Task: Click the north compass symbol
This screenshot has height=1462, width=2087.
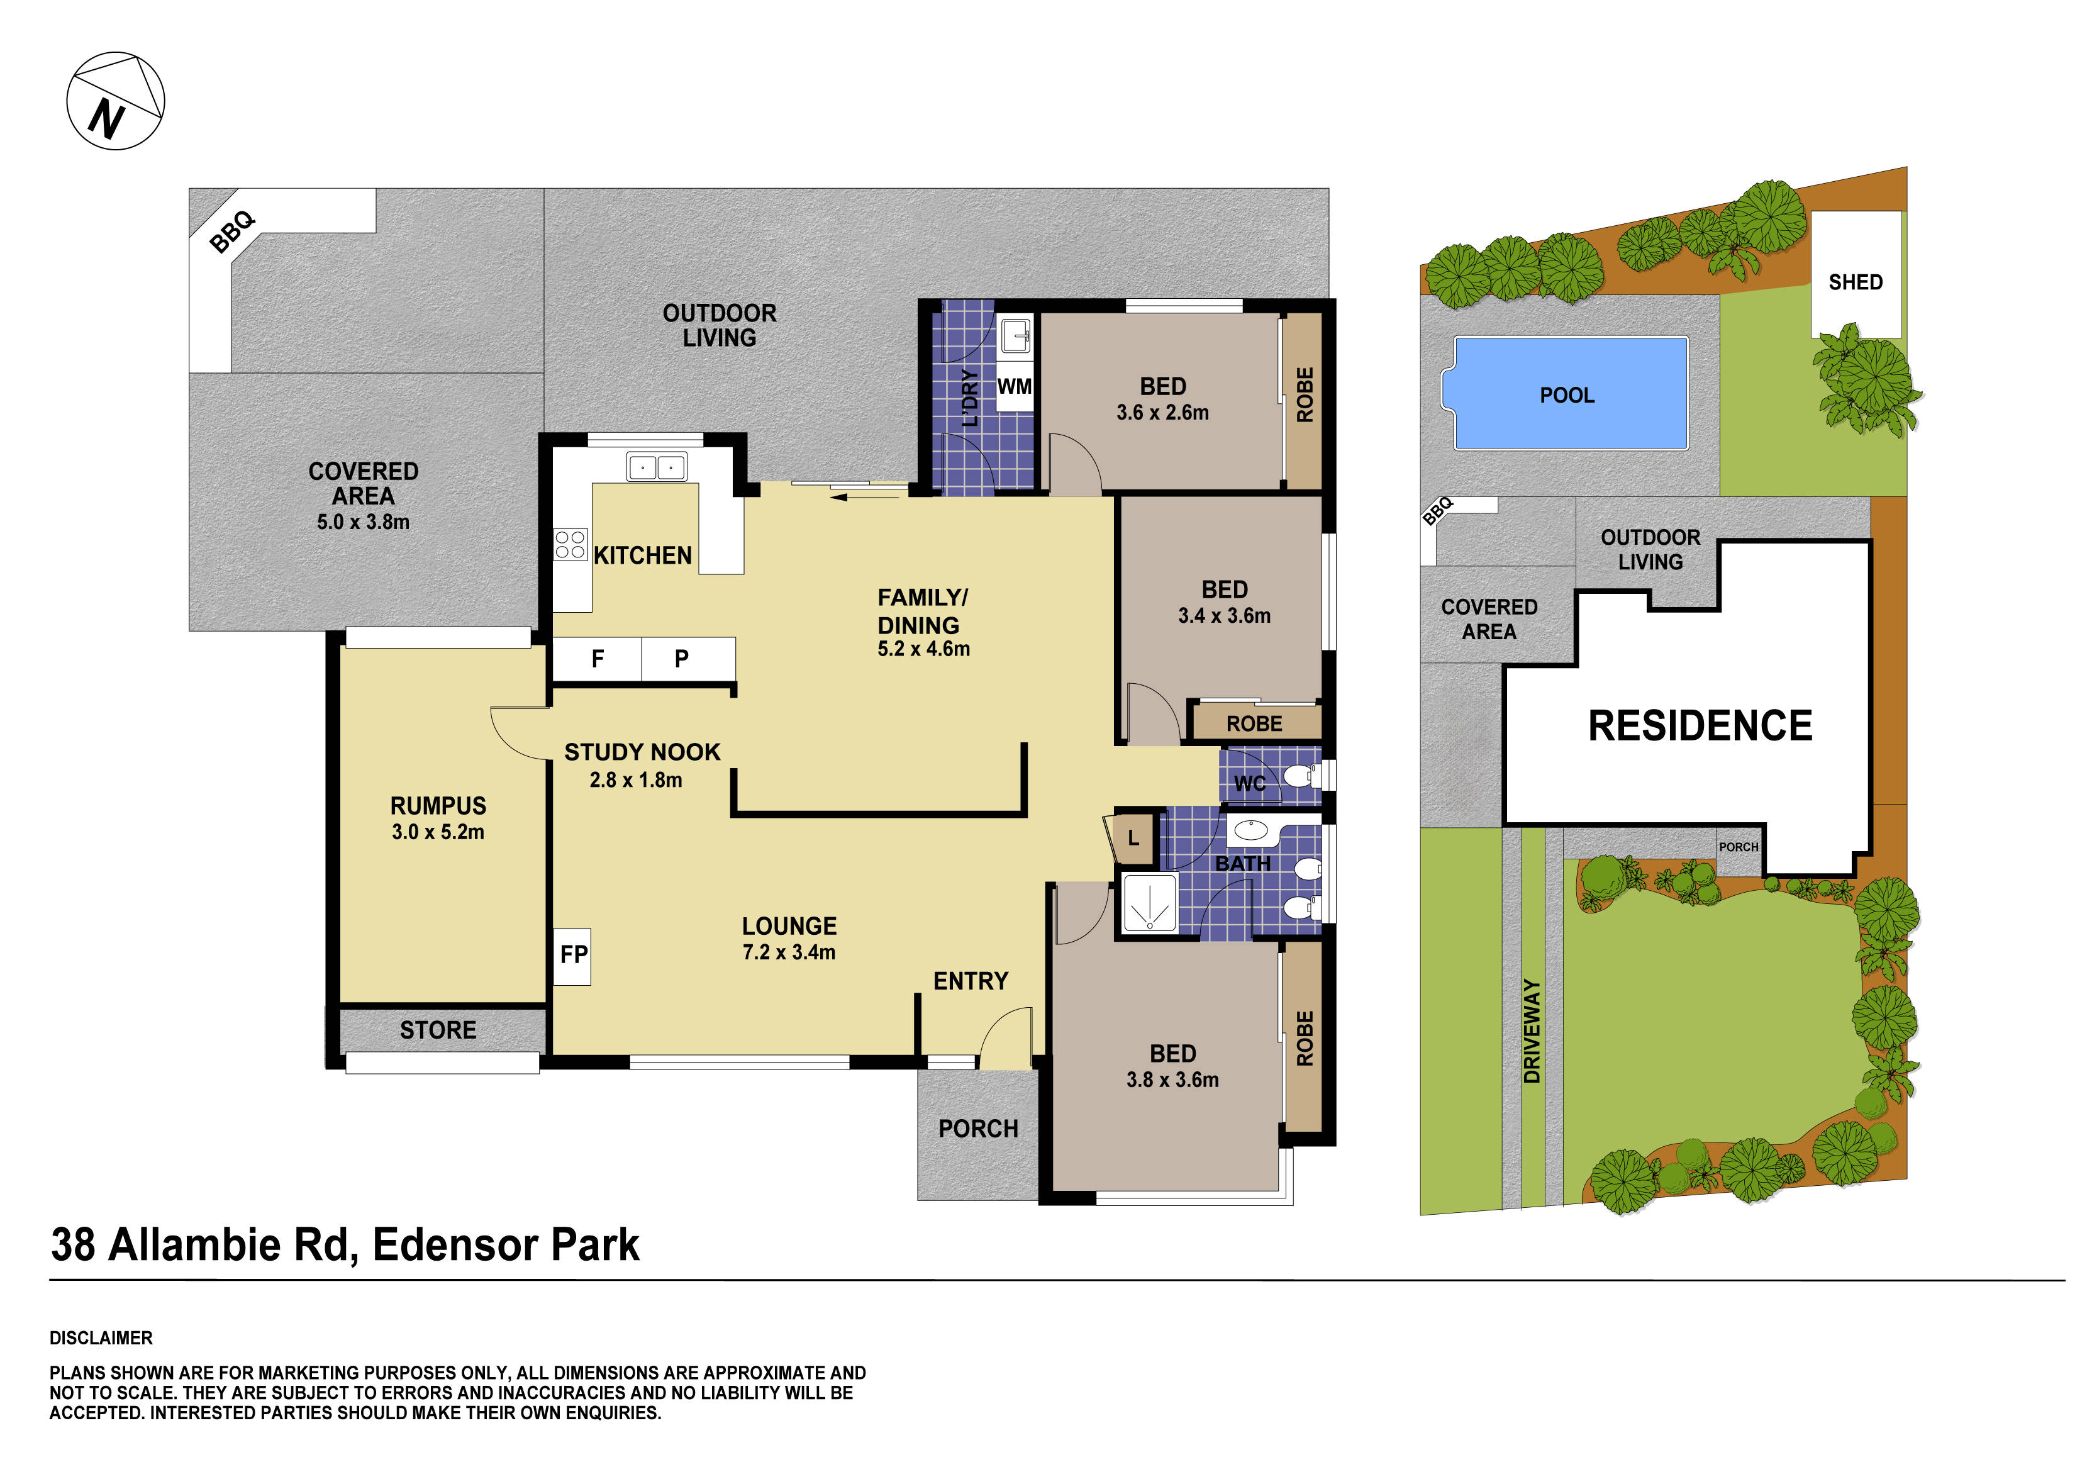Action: pyautogui.click(x=116, y=101)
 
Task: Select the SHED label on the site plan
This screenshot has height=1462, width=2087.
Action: pyautogui.click(x=1855, y=282)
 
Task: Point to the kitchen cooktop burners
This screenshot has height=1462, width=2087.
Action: pyautogui.click(x=570, y=545)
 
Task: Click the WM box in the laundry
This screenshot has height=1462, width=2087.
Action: pyautogui.click(x=1015, y=386)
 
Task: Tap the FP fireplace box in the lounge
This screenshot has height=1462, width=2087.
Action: pyautogui.click(x=572, y=955)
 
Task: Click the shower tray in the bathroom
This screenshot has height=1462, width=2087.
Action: pyautogui.click(x=1150, y=903)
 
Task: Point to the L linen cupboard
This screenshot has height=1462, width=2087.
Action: pyautogui.click(x=1133, y=837)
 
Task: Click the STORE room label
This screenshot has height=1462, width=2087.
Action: pyautogui.click(x=438, y=1030)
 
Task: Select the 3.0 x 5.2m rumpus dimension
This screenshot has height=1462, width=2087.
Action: pyautogui.click(x=438, y=832)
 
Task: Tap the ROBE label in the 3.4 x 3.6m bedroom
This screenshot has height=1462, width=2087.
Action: pyautogui.click(x=1254, y=723)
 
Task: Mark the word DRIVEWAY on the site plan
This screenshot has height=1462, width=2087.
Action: pyautogui.click(x=1532, y=1031)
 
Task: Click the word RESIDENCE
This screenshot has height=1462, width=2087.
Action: pyautogui.click(x=1700, y=725)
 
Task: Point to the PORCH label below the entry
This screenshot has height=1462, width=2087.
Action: pyautogui.click(x=978, y=1129)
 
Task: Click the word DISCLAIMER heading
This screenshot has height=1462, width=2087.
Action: pyautogui.click(x=101, y=1338)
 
